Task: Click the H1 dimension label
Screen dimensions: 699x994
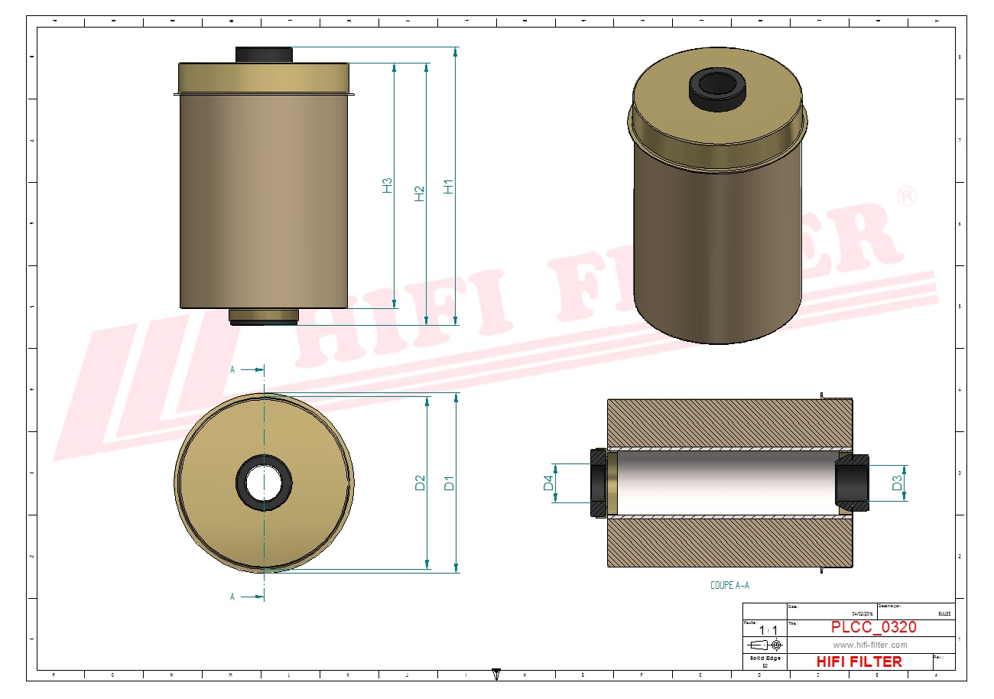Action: pyautogui.click(x=449, y=186)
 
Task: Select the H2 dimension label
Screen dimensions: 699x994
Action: pyautogui.click(x=419, y=193)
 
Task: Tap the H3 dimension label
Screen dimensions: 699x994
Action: pyautogui.click(x=388, y=185)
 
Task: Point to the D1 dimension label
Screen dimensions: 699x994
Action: pyautogui.click(x=450, y=483)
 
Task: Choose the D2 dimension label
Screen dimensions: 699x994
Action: pyautogui.click(x=420, y=483)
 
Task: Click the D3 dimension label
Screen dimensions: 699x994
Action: pyautogui.click(x=897, y=483)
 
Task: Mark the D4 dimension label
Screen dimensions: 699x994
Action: pyautogui.click(x=547, y=483)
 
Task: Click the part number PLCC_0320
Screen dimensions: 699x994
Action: pyautogui.click(x=873, y=628)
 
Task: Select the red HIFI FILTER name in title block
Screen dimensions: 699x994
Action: pyautogui.click(x=859, y=662)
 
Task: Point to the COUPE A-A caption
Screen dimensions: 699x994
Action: pyautogui.click(x=729, y=586)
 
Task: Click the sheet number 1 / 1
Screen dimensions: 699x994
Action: pyautogui.click(x=765, y=630)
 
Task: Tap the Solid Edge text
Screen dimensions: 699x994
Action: pyautogui.click(x=765, y=658)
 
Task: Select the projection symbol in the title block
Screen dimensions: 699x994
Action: pyautogui.click(x=765, y=645)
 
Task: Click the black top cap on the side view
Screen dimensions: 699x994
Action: pyautogui.click(x=264, y=54)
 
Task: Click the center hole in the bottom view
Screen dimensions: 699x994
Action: pyautogui.click(x=264, y=483)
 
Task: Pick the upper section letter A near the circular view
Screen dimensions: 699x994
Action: pyautogui.click(x=233, y=369)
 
